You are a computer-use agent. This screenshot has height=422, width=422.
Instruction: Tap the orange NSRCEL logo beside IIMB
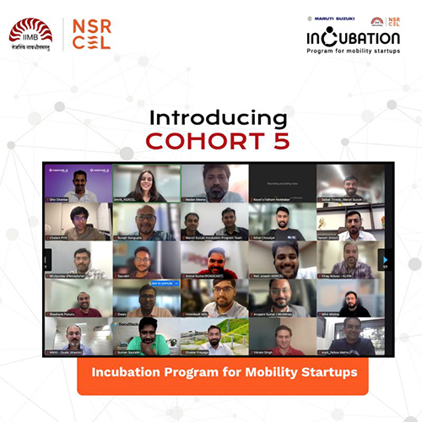coord(92,34)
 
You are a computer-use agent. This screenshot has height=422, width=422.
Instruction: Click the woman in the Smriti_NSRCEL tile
coord(146,181)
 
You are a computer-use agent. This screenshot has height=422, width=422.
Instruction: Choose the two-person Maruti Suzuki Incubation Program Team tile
coord(214,222)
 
